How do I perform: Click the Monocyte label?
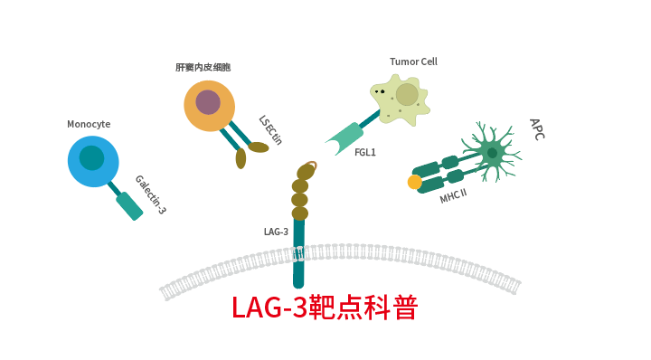[89, 124]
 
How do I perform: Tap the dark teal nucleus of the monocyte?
[91, 158]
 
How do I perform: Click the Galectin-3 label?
[150, 194]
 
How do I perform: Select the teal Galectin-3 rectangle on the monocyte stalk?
[129, 205]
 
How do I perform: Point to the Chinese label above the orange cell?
[203, 67]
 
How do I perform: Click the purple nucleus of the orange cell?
[208, 102]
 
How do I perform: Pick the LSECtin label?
[270, 129]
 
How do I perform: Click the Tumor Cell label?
[413, 62]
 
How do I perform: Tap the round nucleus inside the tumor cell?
[407, 94]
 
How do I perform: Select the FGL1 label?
[365, 152]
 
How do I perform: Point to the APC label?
[536, 128]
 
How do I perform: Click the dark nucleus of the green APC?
[492, 153]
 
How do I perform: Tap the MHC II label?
[453, 195]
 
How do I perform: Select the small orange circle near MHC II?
[415, 182]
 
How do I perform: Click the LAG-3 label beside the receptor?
[276, 232]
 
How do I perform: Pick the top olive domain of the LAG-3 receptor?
[306, 172]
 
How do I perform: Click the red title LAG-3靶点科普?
[325, 308]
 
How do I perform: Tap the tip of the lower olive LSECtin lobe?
[241, 164]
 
